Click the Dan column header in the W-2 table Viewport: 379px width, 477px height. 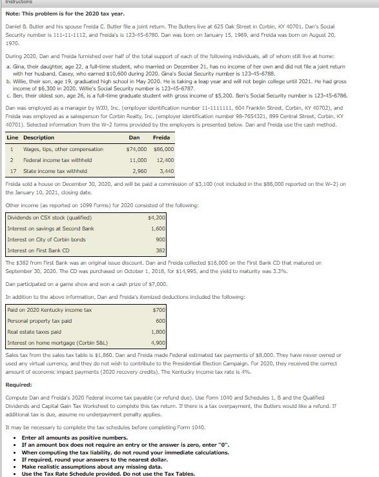(x=134, y=137)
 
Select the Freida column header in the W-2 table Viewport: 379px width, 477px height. (x=161, y=137)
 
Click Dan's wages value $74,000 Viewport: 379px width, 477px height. (x=137, y=149)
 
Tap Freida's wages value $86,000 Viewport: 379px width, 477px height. (x=163, y=149)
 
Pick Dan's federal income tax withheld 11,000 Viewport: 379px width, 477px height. (x=138, y=160)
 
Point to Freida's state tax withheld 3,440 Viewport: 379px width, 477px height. (x=166, y=171)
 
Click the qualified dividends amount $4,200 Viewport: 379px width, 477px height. (x=157, y=218)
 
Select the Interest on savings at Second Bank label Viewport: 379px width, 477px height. (x=50, y=228)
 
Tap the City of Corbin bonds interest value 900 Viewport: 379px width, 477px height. (x=161, y=239)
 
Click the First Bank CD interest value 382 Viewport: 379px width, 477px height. (x=161, y=250)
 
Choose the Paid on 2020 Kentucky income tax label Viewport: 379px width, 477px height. (x=50, y=310)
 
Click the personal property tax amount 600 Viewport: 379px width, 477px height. (x=161, y=321)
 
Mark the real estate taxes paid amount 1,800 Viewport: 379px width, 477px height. (x=158, y=332)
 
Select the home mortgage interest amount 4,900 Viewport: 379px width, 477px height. (x=158, y=343)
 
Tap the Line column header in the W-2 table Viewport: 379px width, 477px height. (x=12, y=137)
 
